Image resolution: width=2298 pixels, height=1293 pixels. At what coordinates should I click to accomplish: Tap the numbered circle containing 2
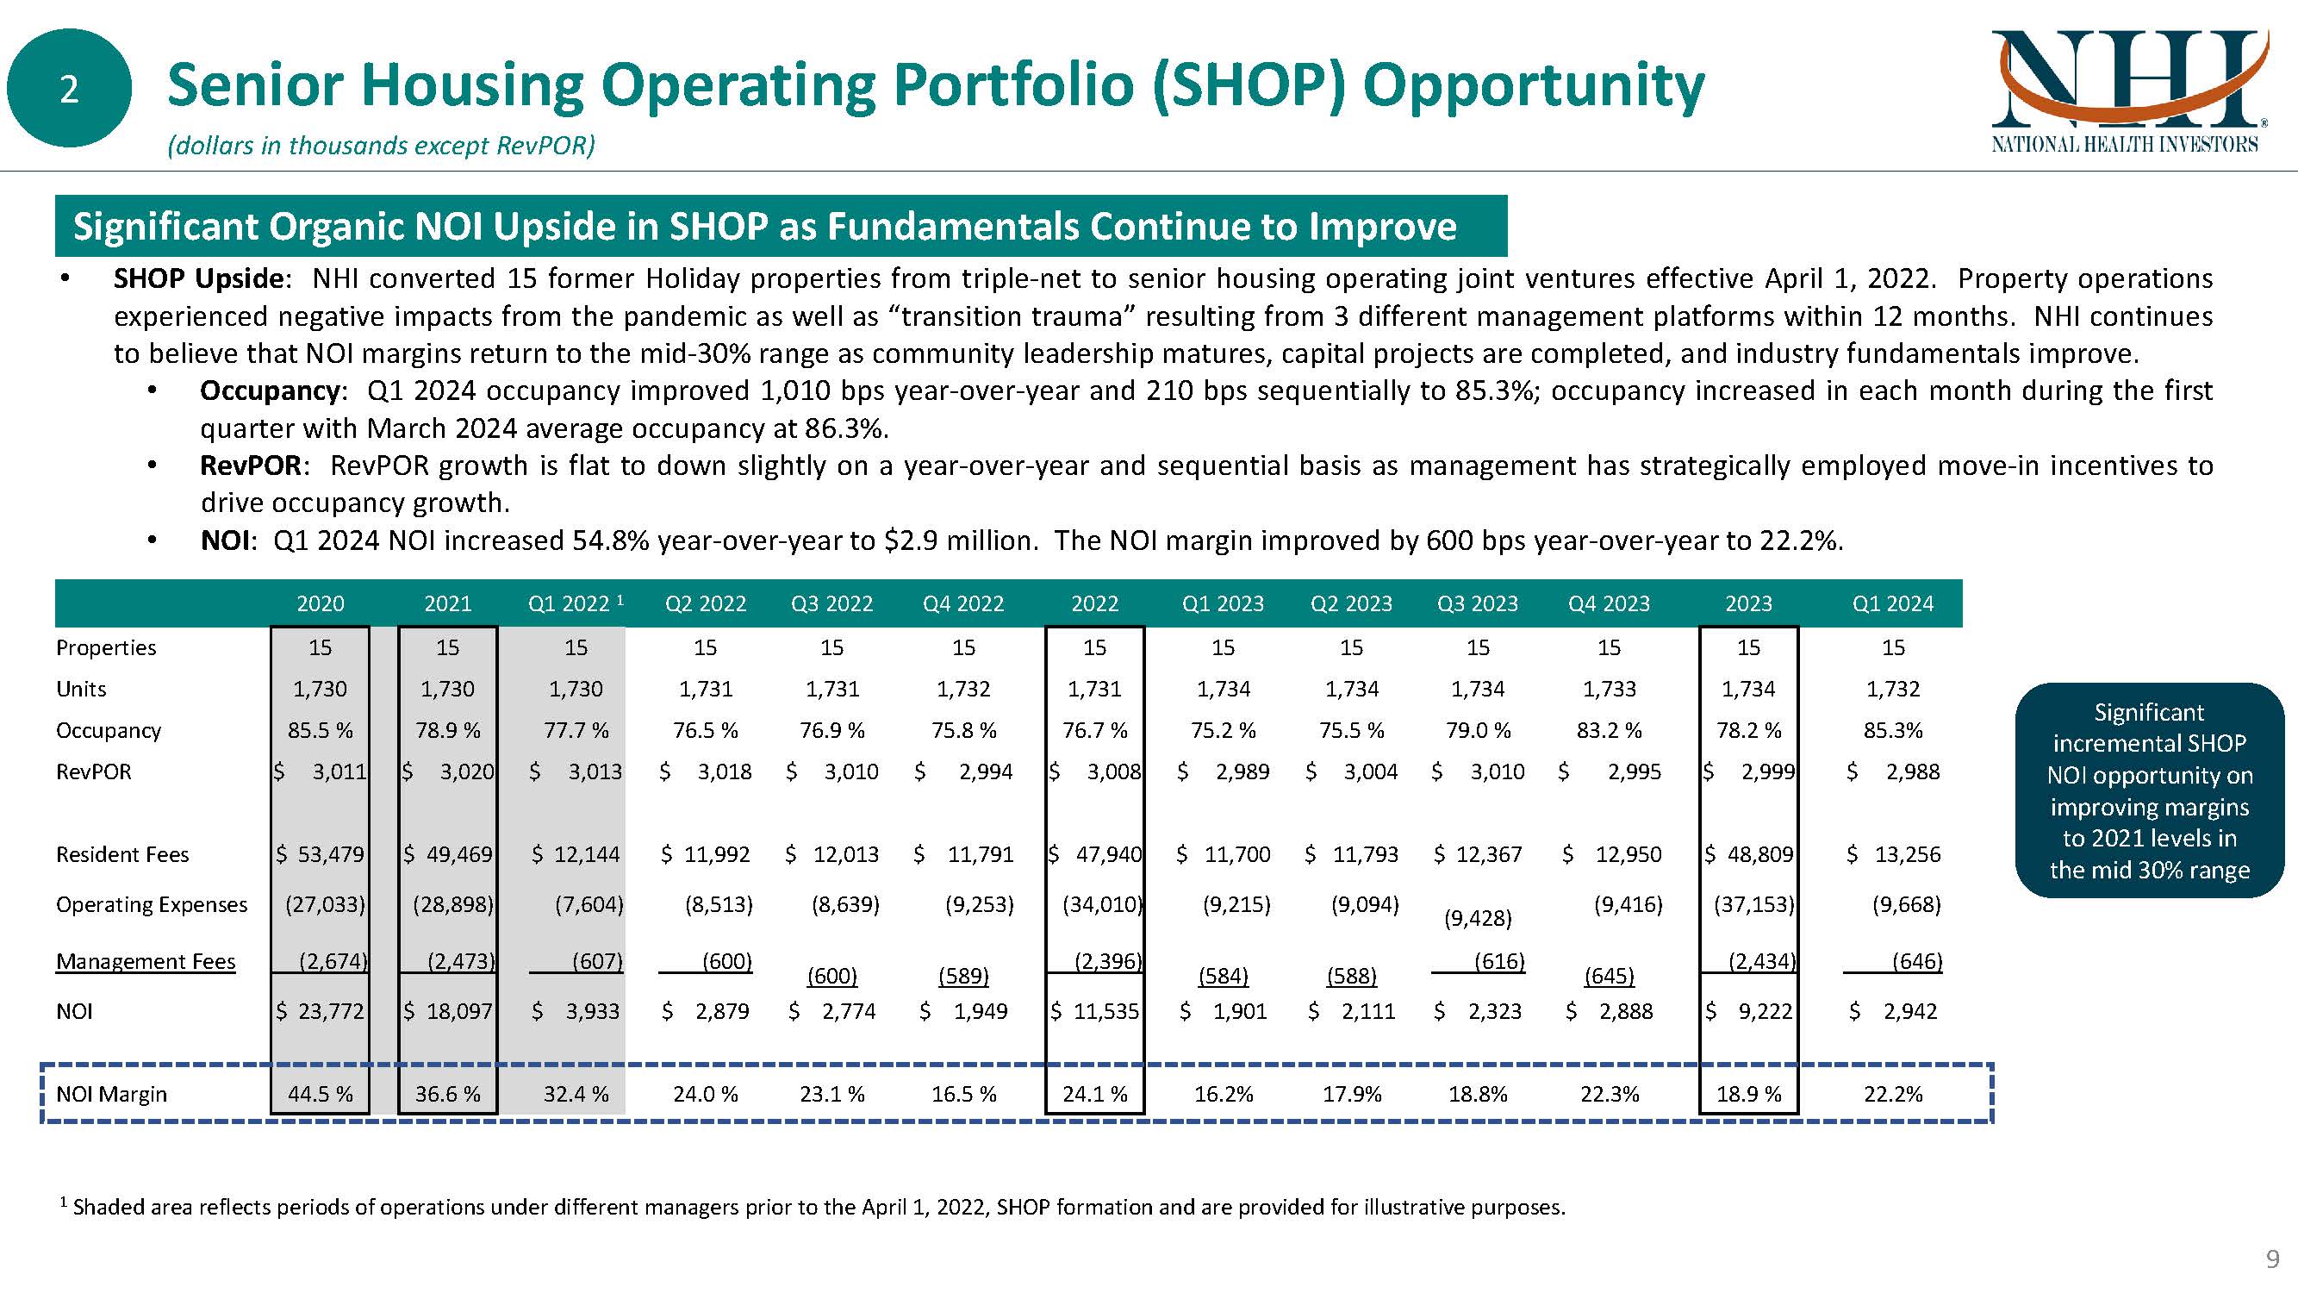[x=69, y=88]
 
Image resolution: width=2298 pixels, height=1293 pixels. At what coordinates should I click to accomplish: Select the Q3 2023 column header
[x=1477, y=604]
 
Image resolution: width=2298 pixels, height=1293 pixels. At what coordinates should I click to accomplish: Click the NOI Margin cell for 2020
[x=321, y=1094]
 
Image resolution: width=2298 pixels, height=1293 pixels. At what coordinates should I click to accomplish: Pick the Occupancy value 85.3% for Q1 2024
[x=1893, y=731]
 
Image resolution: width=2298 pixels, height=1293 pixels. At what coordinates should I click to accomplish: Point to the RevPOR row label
[x=94, y=771]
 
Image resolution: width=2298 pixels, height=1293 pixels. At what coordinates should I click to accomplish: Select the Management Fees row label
[x=146, y=961]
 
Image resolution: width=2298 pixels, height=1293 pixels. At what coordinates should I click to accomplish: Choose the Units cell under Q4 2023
[x=1610, y=689]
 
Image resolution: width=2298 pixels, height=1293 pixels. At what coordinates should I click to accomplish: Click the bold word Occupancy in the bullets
[x=270, y=390]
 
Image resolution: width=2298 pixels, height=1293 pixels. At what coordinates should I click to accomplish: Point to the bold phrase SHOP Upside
[x=198, y=278]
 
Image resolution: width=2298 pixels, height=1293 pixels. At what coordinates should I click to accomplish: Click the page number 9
[x=2273, y=1260]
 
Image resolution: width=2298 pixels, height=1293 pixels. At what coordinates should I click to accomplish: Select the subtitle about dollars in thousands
[x=381, y=146]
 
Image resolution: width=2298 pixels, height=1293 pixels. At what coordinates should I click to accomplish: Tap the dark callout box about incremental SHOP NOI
[x=2149, y=790]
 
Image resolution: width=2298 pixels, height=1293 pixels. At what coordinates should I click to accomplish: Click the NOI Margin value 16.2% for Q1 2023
[x=1223, y=1094]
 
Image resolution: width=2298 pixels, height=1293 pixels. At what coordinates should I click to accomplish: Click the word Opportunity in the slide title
[x=1533, y=86]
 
